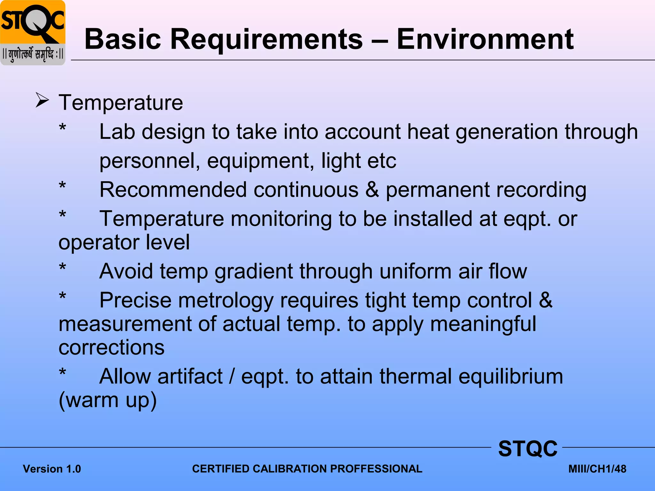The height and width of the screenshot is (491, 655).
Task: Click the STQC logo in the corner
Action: [33, 33]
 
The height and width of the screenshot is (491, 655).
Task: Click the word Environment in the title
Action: [485, 40]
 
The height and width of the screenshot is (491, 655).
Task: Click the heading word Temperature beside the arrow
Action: [121, 103]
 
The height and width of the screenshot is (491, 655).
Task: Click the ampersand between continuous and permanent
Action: [372, 190]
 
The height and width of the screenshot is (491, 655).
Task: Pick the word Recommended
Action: [173, 190]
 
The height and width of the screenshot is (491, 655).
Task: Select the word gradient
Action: [254, 272]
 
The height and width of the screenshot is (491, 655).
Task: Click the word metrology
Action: [226, 301]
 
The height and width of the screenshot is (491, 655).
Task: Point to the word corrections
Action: [112, 347]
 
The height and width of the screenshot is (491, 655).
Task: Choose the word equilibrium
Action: [511, 377]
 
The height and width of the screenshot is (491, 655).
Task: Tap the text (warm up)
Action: [108, 400]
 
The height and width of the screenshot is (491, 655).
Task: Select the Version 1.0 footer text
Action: [52, 469]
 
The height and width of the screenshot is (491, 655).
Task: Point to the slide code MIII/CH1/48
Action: [597, 469]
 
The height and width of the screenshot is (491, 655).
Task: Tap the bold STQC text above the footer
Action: [528, 449]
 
